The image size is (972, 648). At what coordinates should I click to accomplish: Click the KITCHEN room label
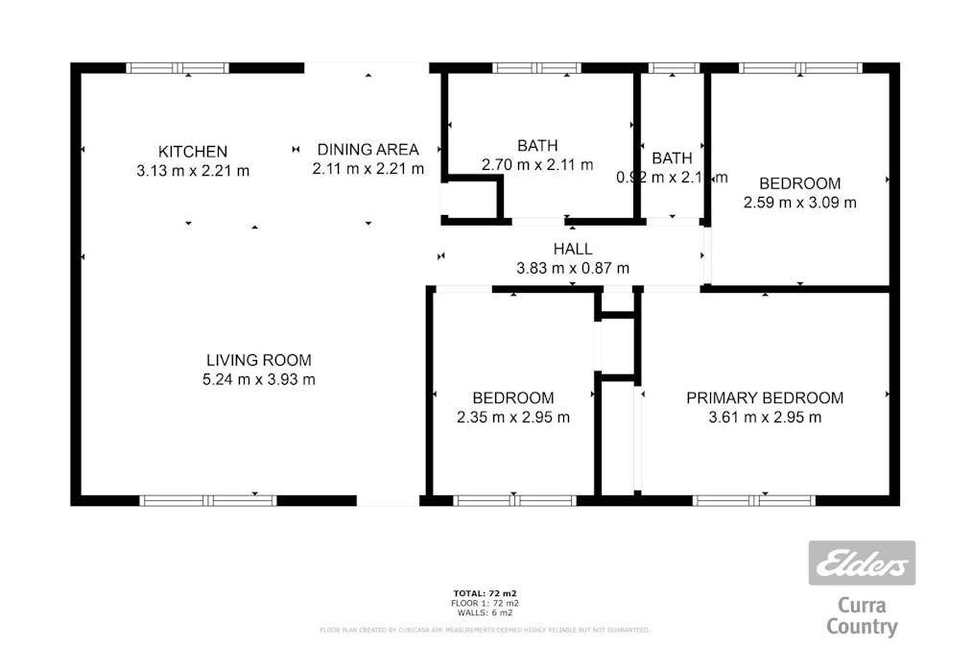(x=193, y=152)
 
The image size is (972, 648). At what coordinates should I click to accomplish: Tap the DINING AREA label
(x=368, y=150)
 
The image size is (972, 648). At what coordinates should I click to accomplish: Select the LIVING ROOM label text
(x=259, y=361)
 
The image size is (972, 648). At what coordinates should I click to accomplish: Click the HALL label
(x=573, y=249)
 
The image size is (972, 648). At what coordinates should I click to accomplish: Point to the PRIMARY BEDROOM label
(x=765, y=397)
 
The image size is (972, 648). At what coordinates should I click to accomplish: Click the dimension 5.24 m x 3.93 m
(x=259, y=380)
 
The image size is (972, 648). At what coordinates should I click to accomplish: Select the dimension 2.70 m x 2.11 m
(x=537, y=165)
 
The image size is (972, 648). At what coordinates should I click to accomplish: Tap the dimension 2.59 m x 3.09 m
(x=799, y=203)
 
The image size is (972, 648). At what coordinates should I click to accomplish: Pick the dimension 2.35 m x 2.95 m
(x=512, y=418)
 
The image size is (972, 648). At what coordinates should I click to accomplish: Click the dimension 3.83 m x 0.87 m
(x=573, y=268)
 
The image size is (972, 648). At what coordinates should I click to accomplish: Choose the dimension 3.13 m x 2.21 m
(x=193, y=171)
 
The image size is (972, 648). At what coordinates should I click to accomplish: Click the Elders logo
(x=861, y=564)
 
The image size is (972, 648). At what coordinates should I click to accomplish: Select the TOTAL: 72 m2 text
(x=485, y=593)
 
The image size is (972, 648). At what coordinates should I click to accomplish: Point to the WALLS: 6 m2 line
(x=485, y=612)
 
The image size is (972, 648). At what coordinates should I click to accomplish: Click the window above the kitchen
(x=178, y=68)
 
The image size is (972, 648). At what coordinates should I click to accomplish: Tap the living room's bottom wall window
(x=208, y=500)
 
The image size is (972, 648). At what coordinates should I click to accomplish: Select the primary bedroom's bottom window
(x=753, y=500)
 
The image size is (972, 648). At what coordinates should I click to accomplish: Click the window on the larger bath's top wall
(x=536, y=68)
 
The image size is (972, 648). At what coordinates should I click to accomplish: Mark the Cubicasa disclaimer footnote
(x=485, y=631)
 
